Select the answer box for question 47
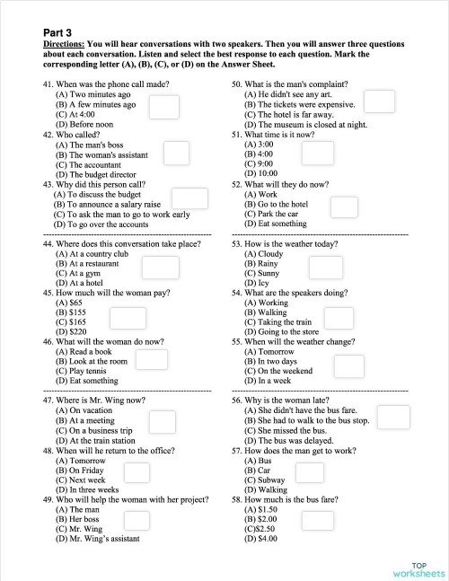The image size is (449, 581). (162, 422)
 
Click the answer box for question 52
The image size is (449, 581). (344, 207)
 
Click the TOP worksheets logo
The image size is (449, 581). (418, 568)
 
